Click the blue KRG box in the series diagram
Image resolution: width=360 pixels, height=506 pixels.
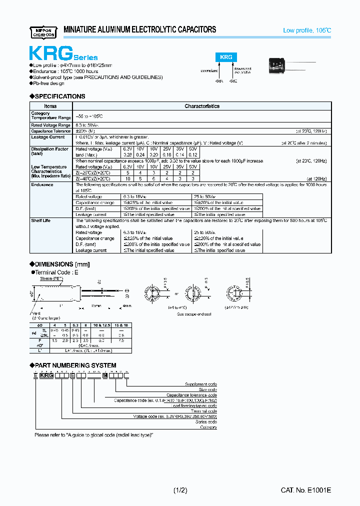pyautogui.click(x=226, y=57)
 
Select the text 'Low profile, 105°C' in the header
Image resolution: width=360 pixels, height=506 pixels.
pyautogui.click(x=306, y=31)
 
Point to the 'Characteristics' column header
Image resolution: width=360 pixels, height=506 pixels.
pyautogui.click(x=202, y=106)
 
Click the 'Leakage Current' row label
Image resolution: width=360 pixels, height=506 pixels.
pyautogui.click(x=48, y=137)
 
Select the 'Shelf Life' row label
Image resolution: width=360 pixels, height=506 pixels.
pyautogui.click(x=41, y=220)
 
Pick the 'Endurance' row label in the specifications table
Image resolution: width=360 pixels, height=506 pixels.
pyautogui.click(x=42, y=184)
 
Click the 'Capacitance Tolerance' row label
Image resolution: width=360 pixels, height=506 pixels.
pyautogui.click(x=50, y=131)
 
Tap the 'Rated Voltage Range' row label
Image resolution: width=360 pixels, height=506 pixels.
pyautogui.click(x=50, y=125)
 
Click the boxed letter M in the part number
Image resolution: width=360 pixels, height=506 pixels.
pyautogui.click(x=104, y=375)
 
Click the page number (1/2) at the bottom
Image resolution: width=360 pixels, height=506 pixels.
pyautogui.click(x=180, y=490)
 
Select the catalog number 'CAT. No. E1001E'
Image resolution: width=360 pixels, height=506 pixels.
pyautogui.click(x=305, y=490)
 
